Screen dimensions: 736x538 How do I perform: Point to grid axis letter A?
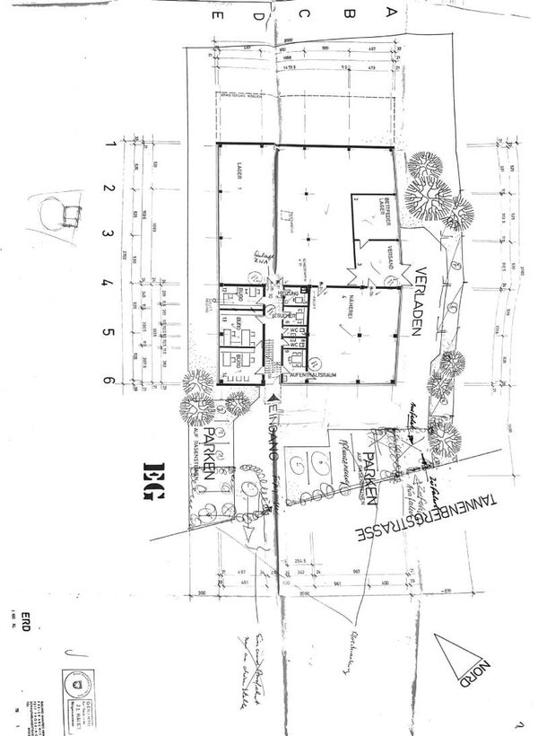(x=389, y=13)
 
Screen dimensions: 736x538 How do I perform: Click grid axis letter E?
(x=212, y=14)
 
